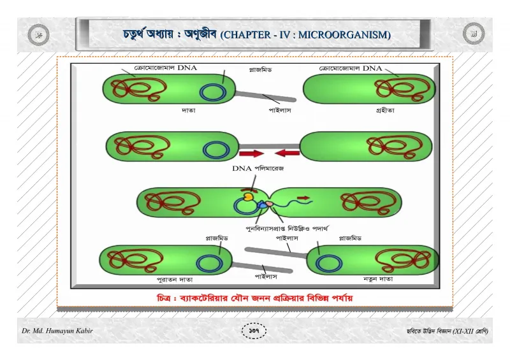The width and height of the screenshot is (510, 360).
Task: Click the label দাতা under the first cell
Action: tap(188, 110)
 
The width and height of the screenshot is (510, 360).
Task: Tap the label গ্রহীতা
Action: tap(385, 110)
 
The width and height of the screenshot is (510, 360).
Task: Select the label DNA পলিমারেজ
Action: tap(258, 168)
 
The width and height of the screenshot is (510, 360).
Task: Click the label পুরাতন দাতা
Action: tap(175, 279)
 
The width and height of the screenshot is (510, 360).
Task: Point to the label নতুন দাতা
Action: tap(378, 278)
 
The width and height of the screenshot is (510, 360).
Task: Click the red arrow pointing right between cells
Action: tap(251, 153)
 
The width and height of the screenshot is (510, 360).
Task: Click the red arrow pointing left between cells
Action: tap(288, 153)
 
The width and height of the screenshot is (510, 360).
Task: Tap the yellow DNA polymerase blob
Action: tap(249, 196)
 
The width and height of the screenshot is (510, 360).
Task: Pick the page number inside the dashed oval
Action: tap(254, 331)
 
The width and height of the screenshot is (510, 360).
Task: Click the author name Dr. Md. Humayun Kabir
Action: tap(57, 331)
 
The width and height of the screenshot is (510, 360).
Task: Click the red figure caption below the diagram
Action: tap(254, 298)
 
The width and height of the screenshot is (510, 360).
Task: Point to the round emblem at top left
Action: tap(38, 34)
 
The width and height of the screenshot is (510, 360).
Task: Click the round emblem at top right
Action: tap(473, 34)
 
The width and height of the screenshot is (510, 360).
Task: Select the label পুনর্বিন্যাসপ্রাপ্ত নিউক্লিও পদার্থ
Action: tap(287, 228)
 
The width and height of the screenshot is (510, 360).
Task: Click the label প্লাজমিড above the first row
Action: tap(260, 69)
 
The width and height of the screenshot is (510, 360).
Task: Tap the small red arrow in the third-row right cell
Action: tap(303, 198)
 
